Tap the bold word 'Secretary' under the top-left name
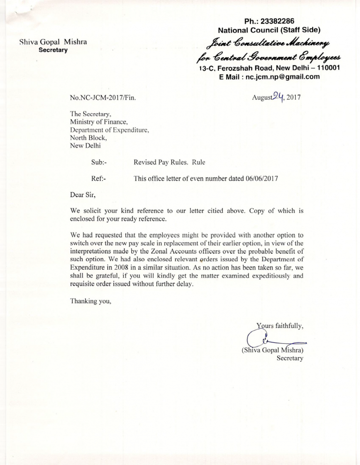pos(52,51)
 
